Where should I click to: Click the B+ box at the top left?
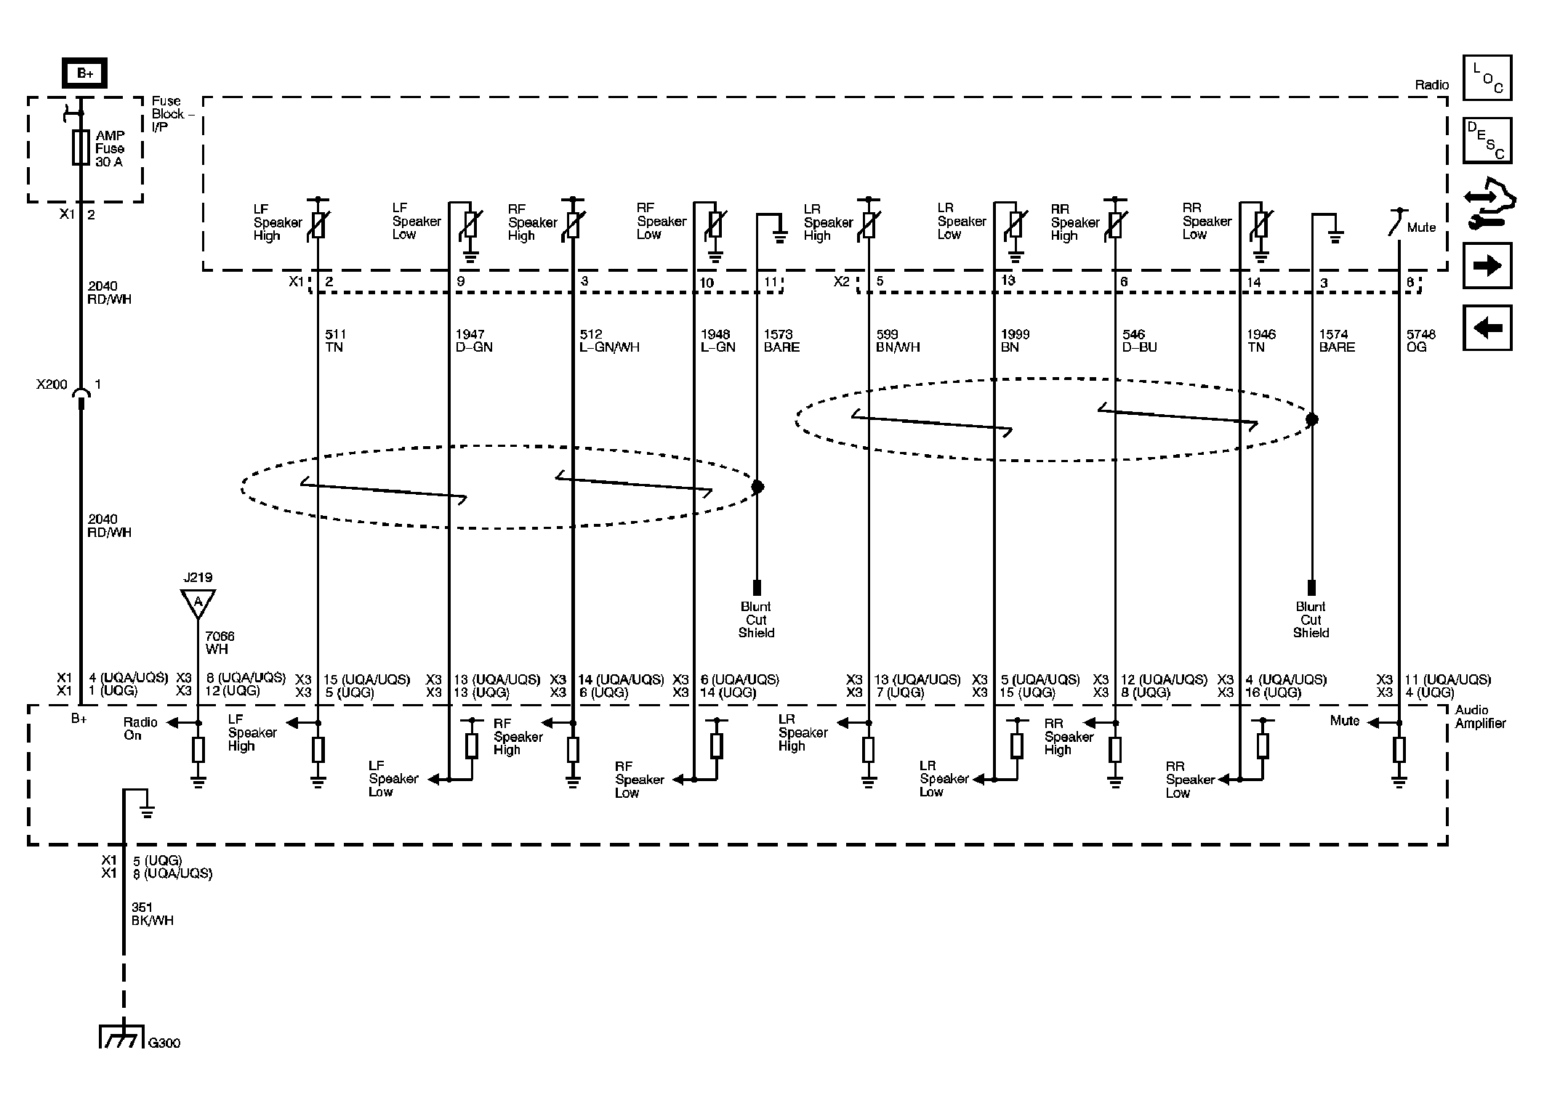pos(84,73)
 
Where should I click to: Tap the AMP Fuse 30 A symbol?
pos(81,148)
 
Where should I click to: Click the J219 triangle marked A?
pos(198,603)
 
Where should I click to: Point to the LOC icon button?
pos(1487,78)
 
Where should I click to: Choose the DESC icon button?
pos(1487,140)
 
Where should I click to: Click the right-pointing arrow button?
pos(1487,265)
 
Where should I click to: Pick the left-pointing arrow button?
pos(1487,328)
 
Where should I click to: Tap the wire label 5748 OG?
pos(1420,341)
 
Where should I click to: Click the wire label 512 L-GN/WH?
pos(609,341)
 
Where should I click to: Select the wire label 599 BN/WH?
pos(898,341)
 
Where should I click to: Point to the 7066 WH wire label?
pos(219,643)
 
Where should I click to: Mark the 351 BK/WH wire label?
pos(152,914)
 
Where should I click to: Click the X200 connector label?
pos(52,384)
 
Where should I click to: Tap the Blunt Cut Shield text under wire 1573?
pos(756,620)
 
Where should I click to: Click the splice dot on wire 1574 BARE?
pos(1311,419)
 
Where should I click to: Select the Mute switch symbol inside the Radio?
pos(1395,224)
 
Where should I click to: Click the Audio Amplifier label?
pos(1480,716)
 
